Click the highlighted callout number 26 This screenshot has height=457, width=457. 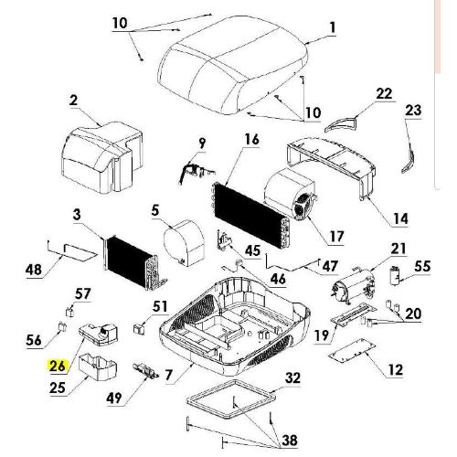coord(58,366)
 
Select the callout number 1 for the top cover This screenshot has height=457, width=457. coord(333,27)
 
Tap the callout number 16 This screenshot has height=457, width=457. coord(252,139)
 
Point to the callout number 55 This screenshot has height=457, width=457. coord(422,266)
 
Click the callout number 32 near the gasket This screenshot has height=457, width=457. coord(292,377)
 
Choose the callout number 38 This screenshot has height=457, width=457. coord(290,441)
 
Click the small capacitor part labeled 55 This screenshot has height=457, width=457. coord(396,275)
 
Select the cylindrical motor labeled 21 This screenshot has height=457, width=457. coord(353,285)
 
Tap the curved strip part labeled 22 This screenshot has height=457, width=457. coord(341,124)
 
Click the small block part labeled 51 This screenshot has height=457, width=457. coord(139,329)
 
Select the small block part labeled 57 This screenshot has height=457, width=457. coord(70,312)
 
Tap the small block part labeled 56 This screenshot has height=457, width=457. coord(62,326)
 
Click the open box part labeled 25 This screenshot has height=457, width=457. coord(98,367)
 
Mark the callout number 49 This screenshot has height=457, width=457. coord(114,398)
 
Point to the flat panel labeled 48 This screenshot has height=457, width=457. coord(80,251)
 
